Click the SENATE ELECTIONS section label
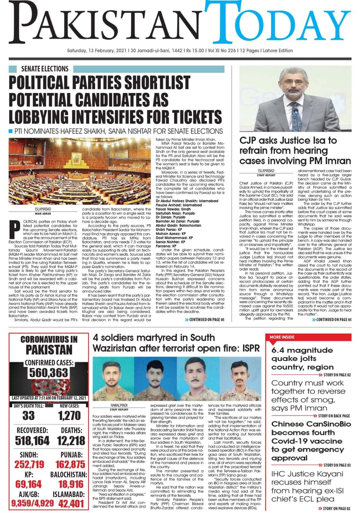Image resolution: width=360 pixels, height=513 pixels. [x=44, y=69]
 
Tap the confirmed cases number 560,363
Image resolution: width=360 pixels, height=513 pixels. [x=49, y=373]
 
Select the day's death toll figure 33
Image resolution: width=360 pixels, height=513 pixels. [x=29, y=416]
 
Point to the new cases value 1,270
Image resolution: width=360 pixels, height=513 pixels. [x=69, y=416]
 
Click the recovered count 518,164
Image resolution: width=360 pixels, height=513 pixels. [x=32, y=441]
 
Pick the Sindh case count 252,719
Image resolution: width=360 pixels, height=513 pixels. [x=29, y=464]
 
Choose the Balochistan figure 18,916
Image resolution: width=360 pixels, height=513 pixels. [x=71, y=484]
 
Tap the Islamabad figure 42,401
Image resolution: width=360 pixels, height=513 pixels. [x=71, y=504]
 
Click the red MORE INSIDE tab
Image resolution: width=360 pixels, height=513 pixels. [x=282, y=337]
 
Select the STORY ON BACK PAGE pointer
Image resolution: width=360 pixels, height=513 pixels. [x=334, y=416]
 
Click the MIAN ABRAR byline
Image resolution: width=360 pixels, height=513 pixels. [x=43, y=214]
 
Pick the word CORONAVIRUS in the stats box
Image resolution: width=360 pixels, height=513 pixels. [x=49, y=340]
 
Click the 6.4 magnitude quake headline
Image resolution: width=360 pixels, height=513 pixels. [x=302, y=359]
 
